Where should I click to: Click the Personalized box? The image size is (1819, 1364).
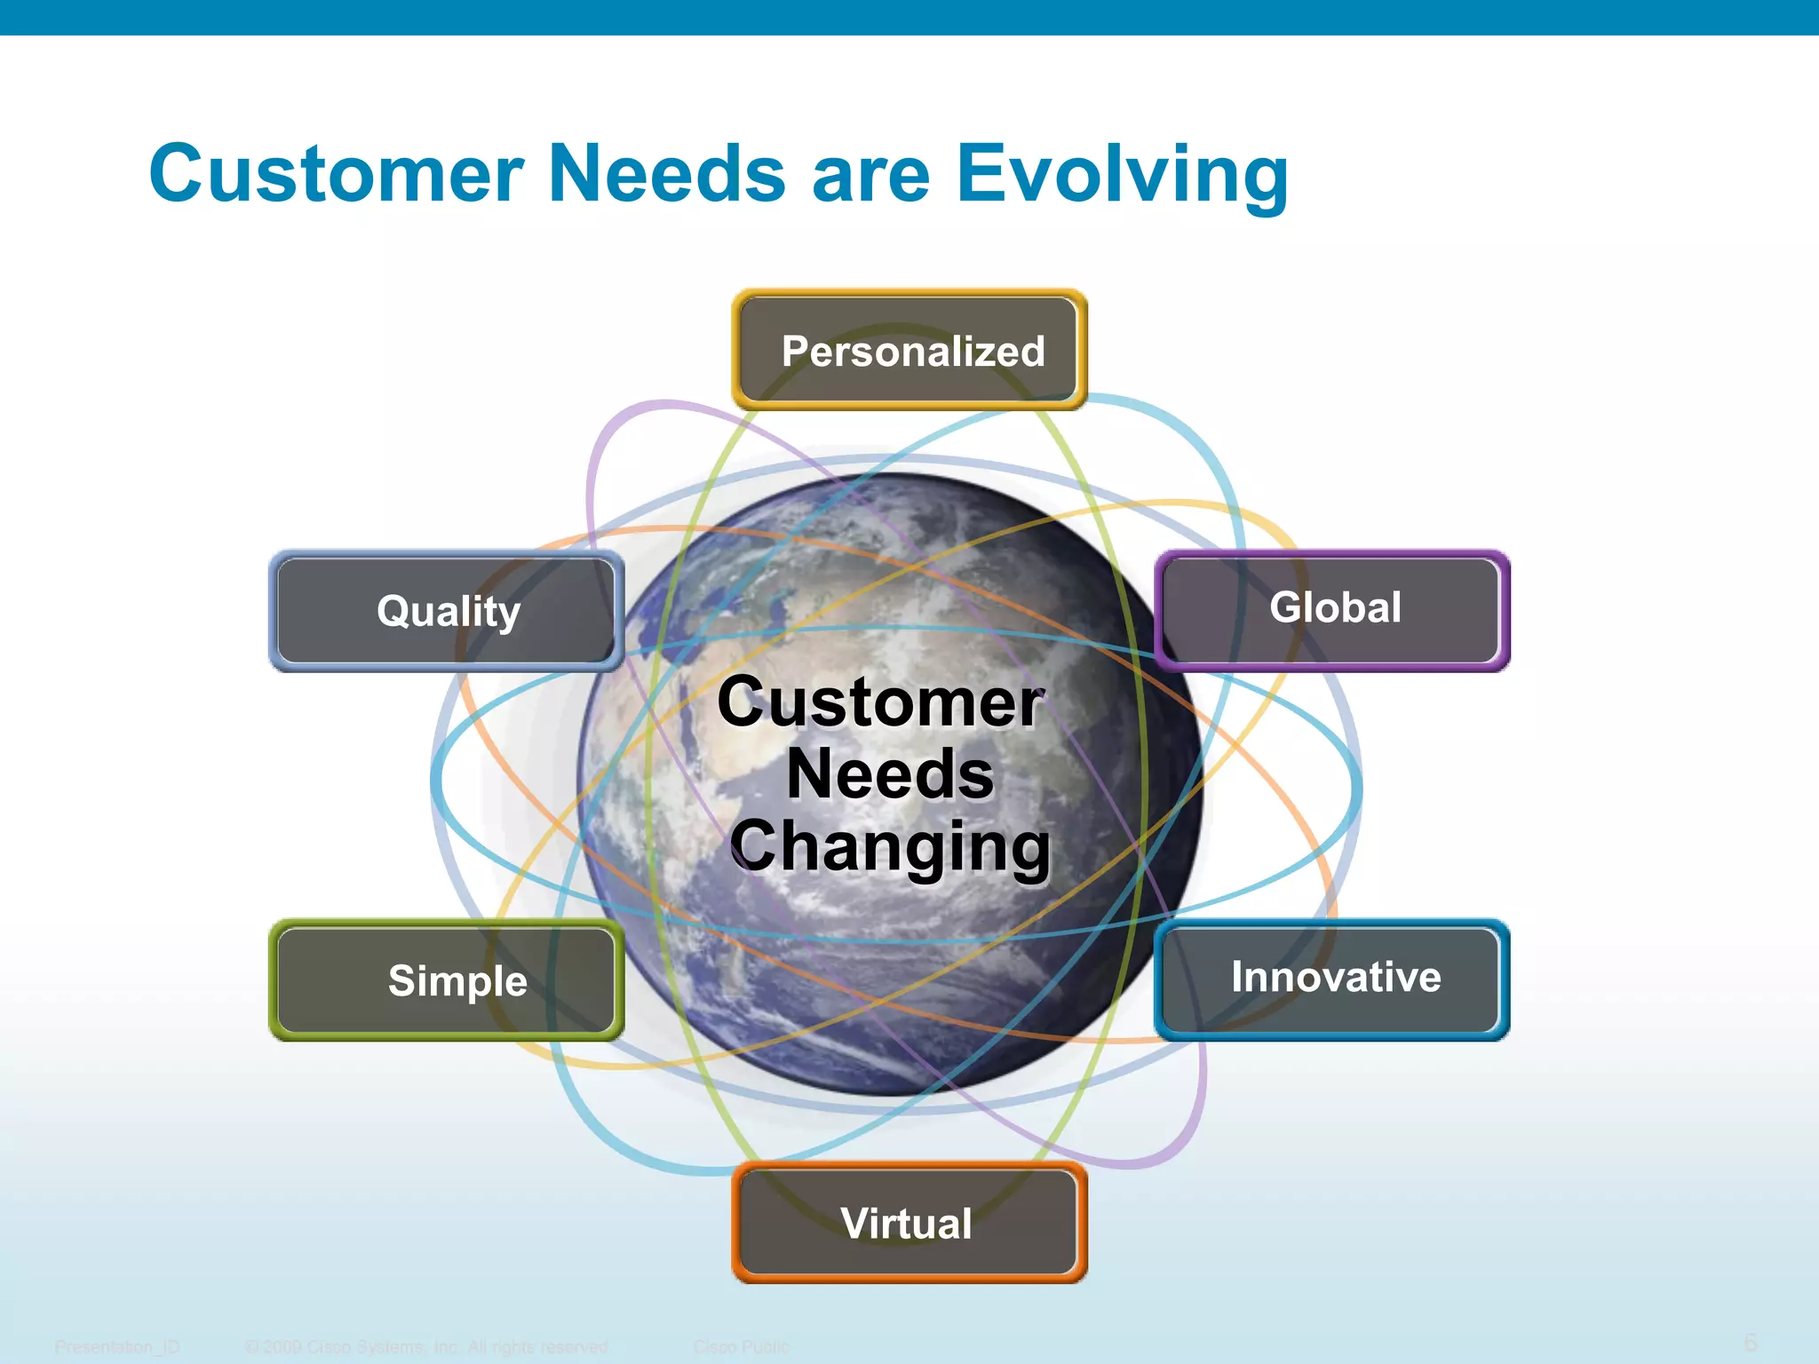909,350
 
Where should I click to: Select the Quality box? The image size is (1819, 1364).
447,611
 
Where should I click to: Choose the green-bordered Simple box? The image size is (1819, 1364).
447,980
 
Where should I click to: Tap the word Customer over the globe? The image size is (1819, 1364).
879,702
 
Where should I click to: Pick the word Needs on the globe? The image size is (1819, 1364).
890,773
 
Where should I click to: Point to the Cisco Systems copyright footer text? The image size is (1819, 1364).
426,1347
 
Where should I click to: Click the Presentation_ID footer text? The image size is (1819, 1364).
117,1347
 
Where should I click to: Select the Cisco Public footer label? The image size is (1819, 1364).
741,1347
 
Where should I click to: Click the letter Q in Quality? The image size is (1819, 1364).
392,611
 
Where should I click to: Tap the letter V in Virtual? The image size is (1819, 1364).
855,1223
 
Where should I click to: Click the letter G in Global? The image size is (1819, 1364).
1285,607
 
